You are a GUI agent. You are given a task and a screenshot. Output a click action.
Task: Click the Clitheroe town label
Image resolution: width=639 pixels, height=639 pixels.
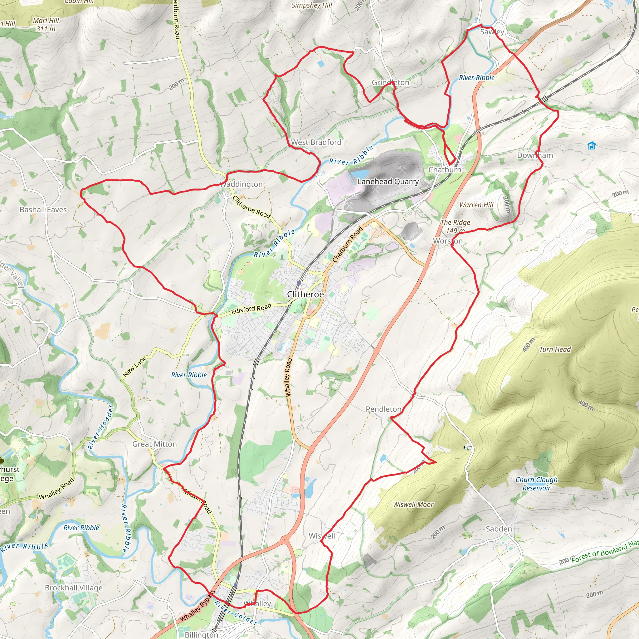[x=305, y=294]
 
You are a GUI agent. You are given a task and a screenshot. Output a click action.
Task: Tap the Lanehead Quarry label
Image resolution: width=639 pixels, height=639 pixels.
[x=388, y=182]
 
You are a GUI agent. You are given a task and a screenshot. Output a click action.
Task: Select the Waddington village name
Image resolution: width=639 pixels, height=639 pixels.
[x=241, y=184]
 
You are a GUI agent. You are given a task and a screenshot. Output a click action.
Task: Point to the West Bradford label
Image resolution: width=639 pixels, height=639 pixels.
[x=316, y=142]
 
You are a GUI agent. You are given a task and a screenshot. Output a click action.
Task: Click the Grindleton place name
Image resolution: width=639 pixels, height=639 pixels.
[x=390, y=83]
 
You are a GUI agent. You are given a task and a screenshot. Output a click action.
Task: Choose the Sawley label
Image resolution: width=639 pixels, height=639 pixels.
[x=492, y=32]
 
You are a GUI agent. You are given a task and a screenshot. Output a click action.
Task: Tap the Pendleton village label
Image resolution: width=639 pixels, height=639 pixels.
[x=383, y=409]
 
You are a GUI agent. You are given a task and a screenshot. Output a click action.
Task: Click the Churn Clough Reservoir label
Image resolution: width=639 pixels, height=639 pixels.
[x=536, y=484]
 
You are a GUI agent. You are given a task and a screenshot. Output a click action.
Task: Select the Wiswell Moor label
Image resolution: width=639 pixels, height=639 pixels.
[x=413, y=505]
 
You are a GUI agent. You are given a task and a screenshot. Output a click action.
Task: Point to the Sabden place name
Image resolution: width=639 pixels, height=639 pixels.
[x=499, y=529]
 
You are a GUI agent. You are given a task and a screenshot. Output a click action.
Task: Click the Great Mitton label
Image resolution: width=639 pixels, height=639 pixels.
[x=154, y=444]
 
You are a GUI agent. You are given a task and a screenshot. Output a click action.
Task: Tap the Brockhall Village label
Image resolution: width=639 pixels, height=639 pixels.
[x=74, y=588]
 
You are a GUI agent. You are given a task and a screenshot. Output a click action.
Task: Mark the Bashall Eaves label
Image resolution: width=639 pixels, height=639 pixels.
[x=43, y=210]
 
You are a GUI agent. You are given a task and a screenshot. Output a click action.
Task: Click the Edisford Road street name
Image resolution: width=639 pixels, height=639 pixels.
[x=251, y=309]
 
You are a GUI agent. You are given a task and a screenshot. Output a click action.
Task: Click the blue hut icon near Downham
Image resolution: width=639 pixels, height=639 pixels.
[x=592, y=145]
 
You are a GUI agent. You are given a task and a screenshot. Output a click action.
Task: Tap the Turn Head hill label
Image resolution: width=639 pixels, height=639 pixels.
[x=555, y=349]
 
